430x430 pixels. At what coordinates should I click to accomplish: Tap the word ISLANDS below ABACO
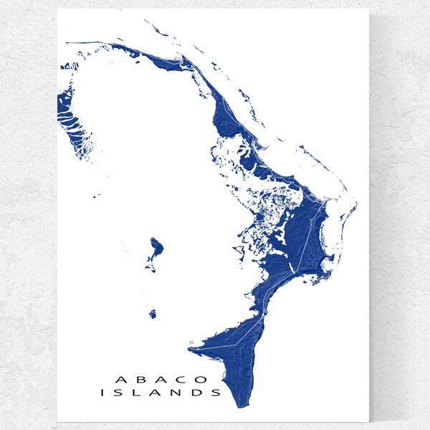pos(161,393)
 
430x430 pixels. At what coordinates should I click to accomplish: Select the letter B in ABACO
pos(140,378)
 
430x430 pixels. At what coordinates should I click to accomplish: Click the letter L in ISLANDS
pos(138,393)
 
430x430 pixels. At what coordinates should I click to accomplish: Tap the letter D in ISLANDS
pos(197,393)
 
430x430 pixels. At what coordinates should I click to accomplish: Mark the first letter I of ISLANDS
pos(104,393)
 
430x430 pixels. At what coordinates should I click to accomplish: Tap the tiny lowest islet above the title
pos(153,314)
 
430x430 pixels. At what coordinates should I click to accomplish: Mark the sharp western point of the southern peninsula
pos(189,350)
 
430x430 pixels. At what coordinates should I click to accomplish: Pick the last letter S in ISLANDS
pos(216,393)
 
